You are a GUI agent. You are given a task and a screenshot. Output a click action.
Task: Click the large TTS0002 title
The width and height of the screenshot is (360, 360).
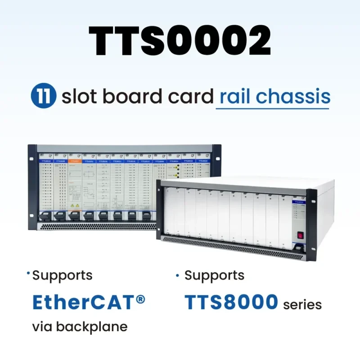pos(180,41)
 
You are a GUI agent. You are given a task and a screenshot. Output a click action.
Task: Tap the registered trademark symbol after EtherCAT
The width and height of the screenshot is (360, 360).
pos(140,298)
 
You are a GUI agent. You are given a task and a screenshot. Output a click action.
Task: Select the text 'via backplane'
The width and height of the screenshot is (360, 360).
pos(80,327)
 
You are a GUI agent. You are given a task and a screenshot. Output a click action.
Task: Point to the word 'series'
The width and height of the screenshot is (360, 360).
pos(302,305)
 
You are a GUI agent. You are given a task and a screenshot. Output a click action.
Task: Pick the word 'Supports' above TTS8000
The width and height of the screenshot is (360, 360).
pos(214,275)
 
